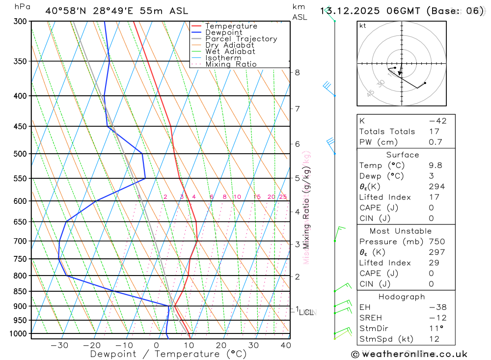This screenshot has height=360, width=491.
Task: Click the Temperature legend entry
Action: [231, 26]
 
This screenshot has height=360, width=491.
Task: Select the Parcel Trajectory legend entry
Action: [241, 39]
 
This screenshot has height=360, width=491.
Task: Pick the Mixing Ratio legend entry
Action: [231, 64]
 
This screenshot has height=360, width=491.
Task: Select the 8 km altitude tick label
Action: [297, 72]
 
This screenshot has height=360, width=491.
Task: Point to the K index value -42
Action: [437, 121]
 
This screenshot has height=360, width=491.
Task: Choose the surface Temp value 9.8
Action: [436, 166]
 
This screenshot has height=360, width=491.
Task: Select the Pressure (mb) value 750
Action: [436, 242]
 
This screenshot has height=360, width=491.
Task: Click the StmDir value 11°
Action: [436, 328]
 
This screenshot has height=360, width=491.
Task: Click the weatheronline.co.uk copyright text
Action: [409, 354]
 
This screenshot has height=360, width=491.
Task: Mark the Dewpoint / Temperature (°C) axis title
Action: [168, 354]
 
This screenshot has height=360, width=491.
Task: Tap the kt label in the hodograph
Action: [362, 26]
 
